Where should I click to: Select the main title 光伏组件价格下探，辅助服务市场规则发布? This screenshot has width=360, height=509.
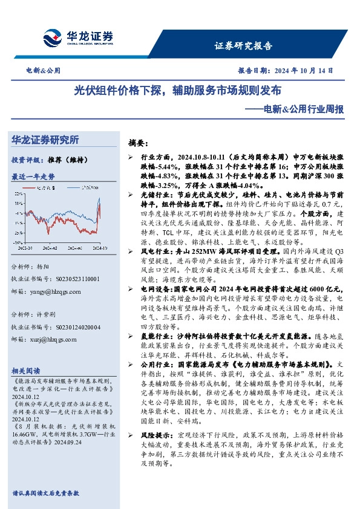tap(178, 91)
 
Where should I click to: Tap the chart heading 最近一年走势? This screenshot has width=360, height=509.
tap(33, 177)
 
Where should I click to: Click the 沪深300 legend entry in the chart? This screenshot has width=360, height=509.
tap(91, 187)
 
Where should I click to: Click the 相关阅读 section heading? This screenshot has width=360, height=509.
tap(26, 370)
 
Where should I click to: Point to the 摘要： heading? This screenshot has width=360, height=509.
tap(138, 143)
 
